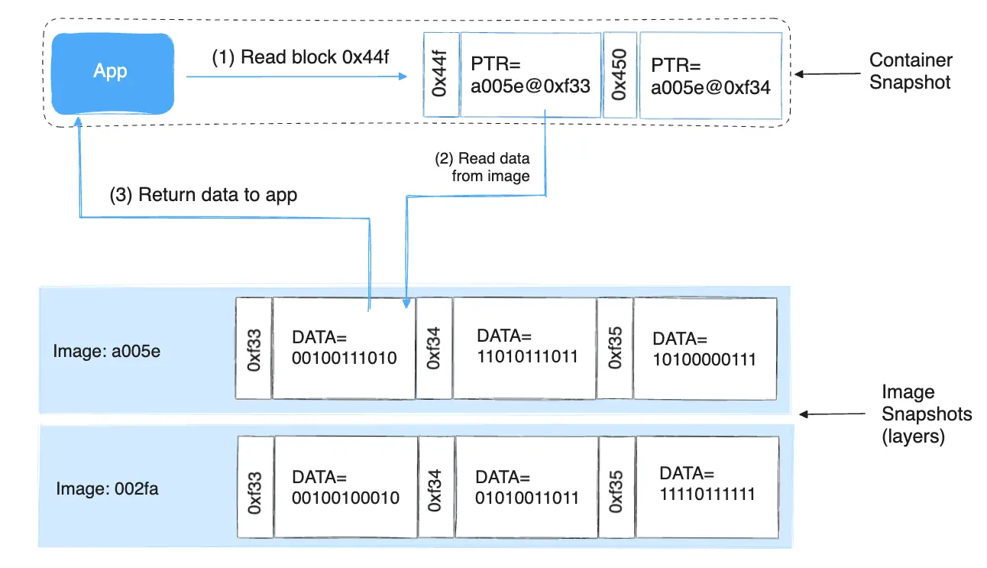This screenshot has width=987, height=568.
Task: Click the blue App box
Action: tap(110, 72)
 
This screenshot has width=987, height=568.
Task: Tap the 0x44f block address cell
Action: tap(440, 75)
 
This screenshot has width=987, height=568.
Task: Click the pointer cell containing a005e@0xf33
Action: tap(530, 75)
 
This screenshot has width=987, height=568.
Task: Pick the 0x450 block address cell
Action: tap(620, 76)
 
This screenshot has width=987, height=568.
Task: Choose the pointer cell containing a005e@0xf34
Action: tap(710, 76)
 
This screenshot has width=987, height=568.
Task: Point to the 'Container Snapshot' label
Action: tap(911, 71)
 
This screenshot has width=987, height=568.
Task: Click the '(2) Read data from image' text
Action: tap(483, 167)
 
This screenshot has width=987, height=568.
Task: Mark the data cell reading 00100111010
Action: tap(344, 348)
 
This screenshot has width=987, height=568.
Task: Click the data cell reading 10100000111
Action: tap(704, 349)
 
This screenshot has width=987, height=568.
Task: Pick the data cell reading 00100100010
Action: tap(345, 487)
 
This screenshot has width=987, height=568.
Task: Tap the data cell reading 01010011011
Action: tap(526, 487)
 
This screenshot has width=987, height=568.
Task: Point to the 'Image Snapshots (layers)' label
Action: tap(927, 414)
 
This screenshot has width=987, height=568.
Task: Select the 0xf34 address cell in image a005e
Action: tap(434, 349)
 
